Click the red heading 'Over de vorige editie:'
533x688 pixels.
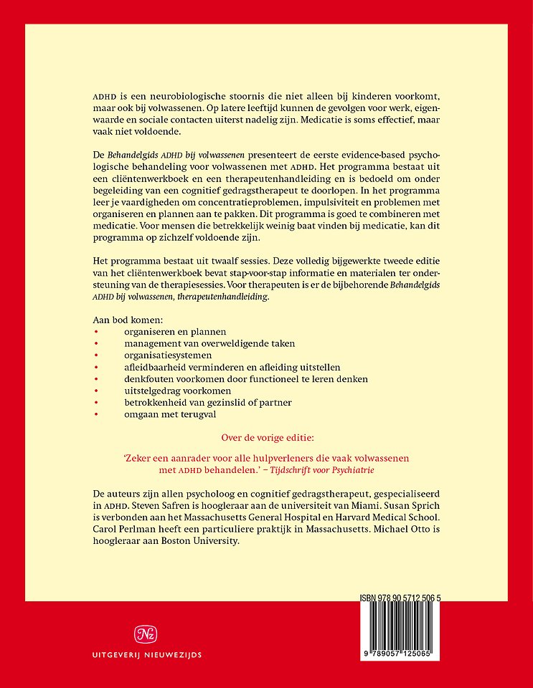(x=266, y=434)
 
